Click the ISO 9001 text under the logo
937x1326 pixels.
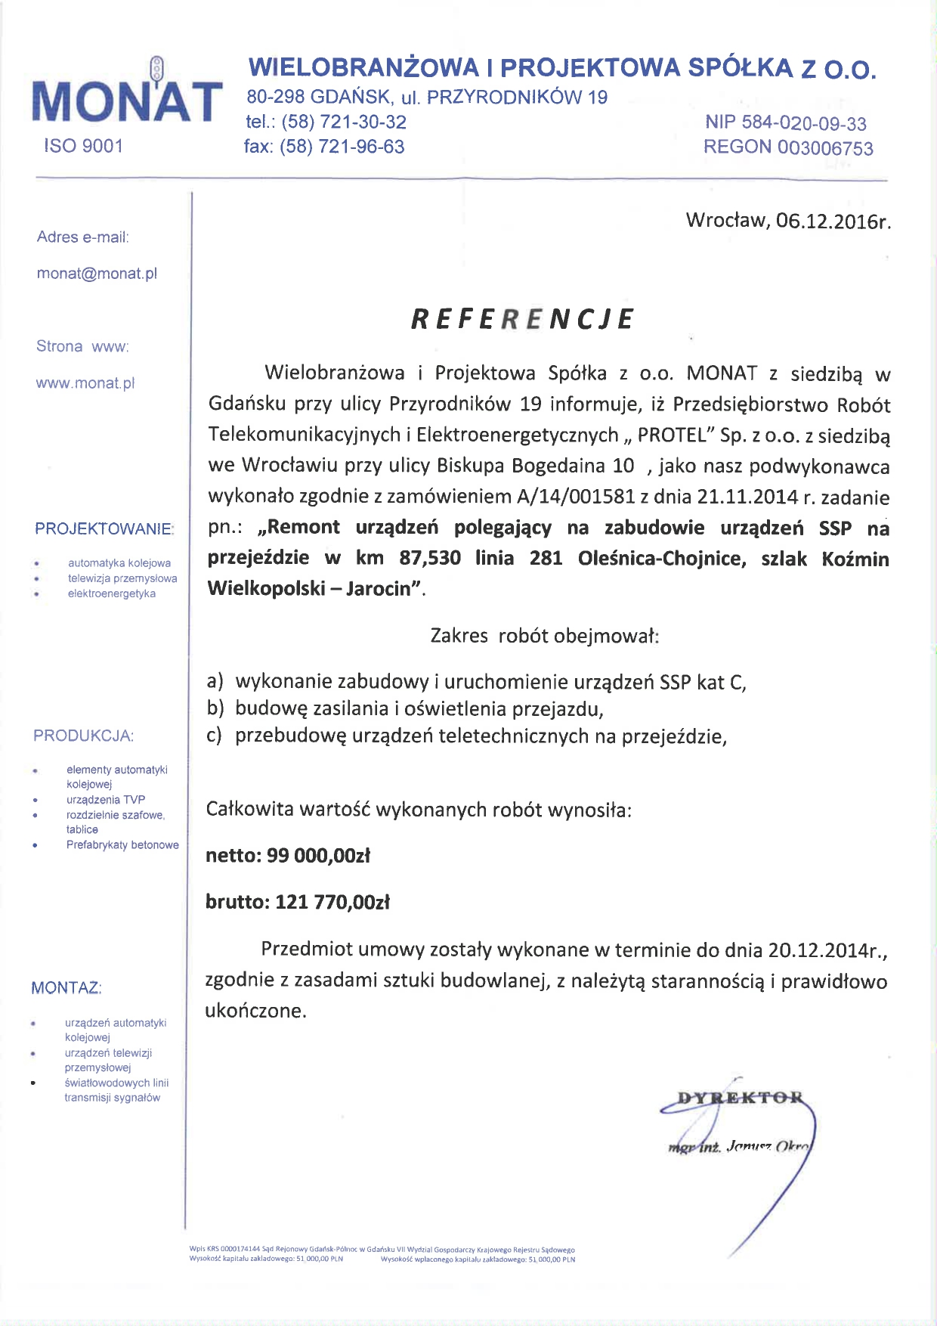click(83, 146)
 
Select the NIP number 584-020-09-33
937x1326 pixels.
click(804, 123)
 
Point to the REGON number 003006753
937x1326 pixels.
click(825, 147)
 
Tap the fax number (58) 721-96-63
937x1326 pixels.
click(342, 147)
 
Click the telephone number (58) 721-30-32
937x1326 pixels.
click(344, 122)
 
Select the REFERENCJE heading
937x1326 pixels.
click(522, 319)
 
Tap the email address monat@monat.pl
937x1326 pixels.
click(97, 274)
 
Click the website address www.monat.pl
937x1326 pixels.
click(85, 383)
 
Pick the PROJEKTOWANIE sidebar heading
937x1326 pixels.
click(104, 529)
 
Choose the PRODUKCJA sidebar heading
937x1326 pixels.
click(83, 736)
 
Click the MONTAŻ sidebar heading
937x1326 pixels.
click(66, 988)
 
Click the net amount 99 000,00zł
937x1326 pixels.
click(318, 856)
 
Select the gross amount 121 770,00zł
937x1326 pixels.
click(332, 902)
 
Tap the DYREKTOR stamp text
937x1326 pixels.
click(740, 1098)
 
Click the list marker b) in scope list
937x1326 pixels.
click(216, 708)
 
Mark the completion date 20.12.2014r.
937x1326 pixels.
click(827, 950)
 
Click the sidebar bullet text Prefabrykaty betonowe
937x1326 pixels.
click(122, 844)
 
